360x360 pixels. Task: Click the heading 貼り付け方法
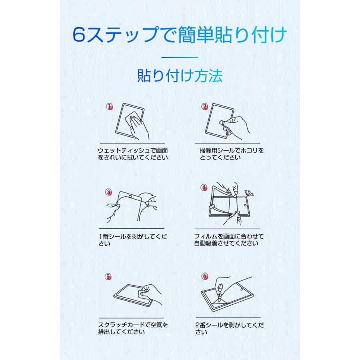(x=180, y=76)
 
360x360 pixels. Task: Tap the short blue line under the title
(x=180, y=57)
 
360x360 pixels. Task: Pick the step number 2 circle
(x=205, y=106)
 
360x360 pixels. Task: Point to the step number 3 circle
(x=109, y=192)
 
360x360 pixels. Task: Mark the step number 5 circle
(x=109, y=277)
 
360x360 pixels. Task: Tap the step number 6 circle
(x=205, y=276)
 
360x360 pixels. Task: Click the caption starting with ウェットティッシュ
(x=132, y=154)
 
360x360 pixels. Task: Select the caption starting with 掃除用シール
(x=226, y=154)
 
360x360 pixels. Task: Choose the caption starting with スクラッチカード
(x=132, y=328)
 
